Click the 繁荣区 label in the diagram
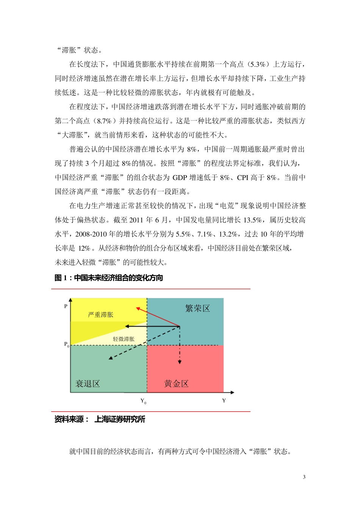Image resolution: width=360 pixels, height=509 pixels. click(197, 308)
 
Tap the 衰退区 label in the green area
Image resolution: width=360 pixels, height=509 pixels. click(88, 384)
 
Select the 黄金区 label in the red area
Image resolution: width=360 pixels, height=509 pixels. click(176, 384)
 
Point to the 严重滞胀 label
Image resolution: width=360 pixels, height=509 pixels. click(100, 314)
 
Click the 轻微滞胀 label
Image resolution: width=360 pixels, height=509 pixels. click(124, 339)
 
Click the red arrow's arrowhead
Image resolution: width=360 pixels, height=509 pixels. click(138, 308)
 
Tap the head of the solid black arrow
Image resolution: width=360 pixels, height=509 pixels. click(127, 326)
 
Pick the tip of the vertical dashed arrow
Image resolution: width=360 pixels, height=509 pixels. click(180, 362)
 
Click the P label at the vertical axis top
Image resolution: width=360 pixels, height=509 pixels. click(66, 306)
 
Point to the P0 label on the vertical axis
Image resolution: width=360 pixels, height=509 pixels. click(66, 345)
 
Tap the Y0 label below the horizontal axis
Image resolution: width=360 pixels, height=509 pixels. click(143, 401)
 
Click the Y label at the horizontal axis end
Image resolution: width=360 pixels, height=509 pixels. click(224, 401)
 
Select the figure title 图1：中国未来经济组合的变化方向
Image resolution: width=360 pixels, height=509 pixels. click(109, 278)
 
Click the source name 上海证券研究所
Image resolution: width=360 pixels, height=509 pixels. click(120, 419)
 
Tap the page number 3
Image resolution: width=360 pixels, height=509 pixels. click(304, 477)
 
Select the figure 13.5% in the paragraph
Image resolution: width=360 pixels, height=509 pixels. click(252, 220)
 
